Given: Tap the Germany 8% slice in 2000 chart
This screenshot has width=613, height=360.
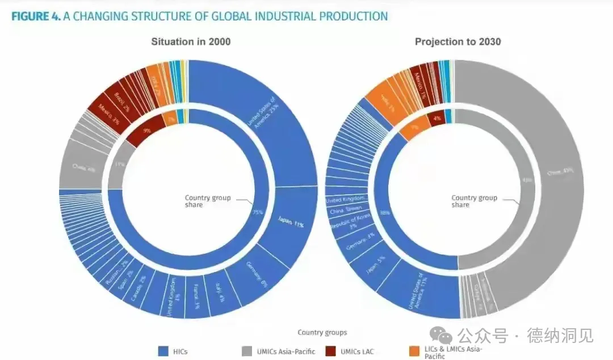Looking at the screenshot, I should tap(258, 275).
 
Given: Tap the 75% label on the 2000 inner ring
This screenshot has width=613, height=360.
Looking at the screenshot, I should tap(257, 212).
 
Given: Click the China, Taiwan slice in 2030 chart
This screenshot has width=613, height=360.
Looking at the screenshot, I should tap(347, 210).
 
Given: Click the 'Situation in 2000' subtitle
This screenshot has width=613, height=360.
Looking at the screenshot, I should tap(191, 41).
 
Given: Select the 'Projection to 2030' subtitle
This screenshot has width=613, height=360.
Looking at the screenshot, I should tap(457, 41).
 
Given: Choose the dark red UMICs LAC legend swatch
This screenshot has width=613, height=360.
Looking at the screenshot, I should tap(331, 351).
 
